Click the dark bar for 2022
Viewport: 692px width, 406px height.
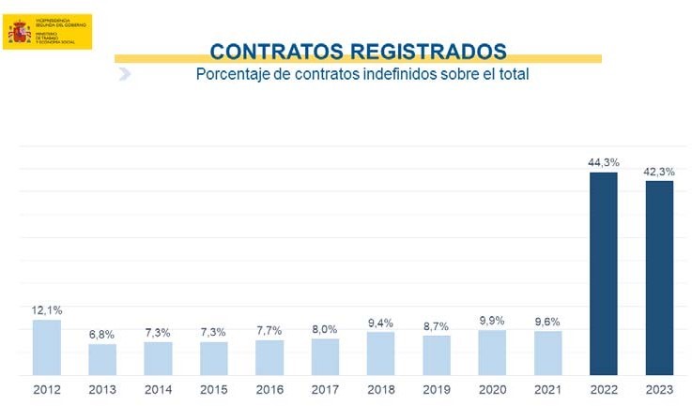point(604,273)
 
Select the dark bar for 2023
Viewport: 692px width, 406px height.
point(659,278)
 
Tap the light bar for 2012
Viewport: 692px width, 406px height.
point(47,347)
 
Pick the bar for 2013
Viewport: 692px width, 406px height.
point(102,359)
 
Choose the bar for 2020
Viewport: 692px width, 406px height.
point(492,353)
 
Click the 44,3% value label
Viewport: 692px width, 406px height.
point(604,162)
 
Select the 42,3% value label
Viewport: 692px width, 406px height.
point(659,171)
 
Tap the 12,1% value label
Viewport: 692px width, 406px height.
point(47,310)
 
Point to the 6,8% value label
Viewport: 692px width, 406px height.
point(102,335)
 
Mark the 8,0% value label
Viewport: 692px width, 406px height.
point(325,328)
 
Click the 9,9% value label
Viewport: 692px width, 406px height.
point(492,320)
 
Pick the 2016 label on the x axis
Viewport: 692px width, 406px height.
point(269,388)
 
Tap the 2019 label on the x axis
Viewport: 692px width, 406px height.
point(437,388)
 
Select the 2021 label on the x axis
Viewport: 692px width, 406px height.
point(547,388)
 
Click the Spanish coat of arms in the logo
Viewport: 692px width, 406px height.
point(20,33)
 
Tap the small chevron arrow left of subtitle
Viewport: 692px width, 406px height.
point(124,74)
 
